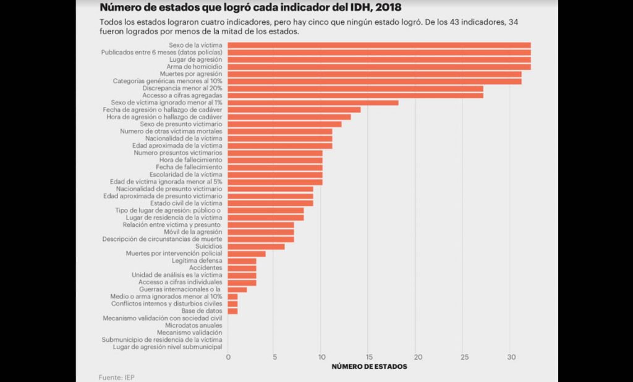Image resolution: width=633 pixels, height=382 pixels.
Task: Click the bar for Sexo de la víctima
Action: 379,45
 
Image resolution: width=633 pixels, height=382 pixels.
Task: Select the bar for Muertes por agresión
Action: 375,74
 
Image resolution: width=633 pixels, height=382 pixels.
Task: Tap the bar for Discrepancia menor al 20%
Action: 355,88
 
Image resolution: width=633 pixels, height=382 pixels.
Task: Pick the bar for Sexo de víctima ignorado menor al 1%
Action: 313,103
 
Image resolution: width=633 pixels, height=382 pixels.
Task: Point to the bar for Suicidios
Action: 256,247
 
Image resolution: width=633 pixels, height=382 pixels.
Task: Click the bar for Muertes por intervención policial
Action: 247,253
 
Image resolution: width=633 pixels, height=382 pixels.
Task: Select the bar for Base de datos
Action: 232,311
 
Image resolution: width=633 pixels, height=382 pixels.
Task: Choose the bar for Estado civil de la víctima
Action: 270,203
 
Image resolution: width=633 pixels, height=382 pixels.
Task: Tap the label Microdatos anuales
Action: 193,325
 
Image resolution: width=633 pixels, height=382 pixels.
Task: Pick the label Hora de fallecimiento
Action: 190,160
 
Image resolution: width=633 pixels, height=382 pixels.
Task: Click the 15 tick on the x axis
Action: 368,357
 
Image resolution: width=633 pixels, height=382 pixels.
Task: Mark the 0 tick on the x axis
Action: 228,357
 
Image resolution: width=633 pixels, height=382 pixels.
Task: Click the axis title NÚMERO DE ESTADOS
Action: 369,367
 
